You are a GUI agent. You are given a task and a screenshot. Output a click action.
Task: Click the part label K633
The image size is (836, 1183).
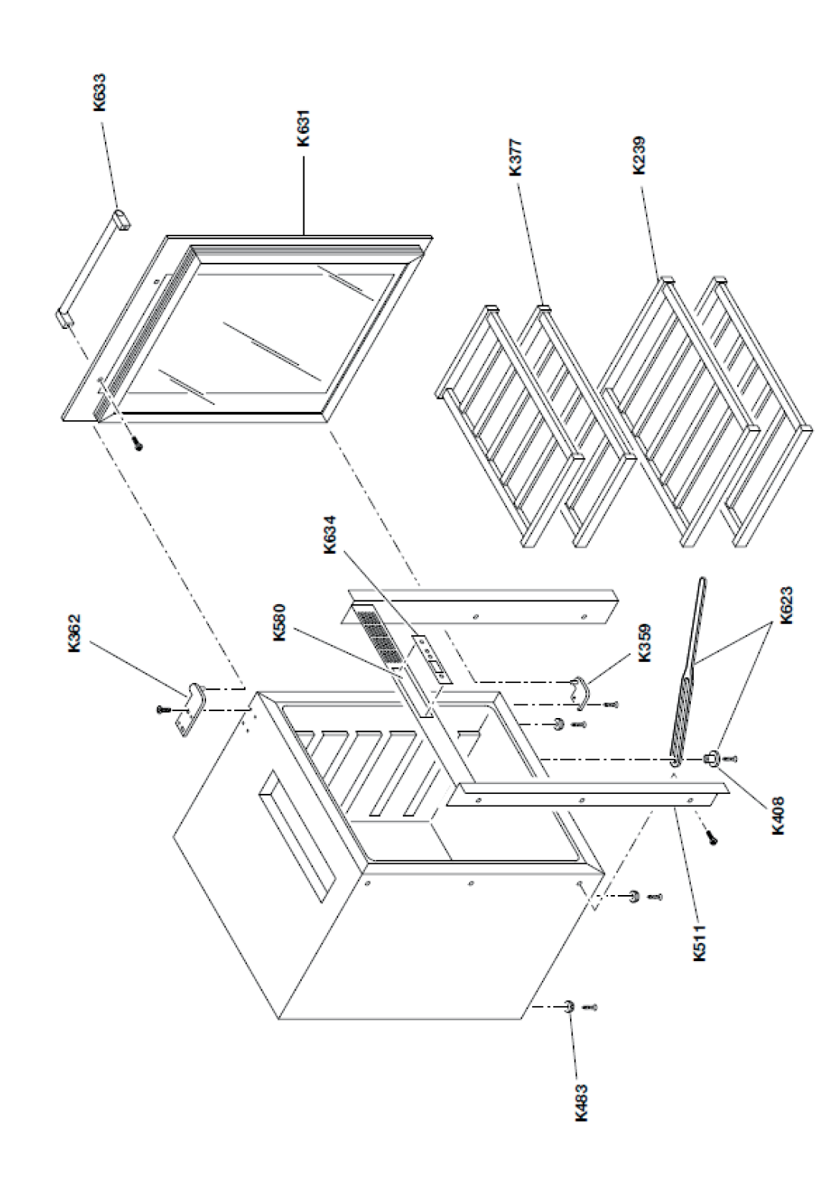[x=100, y=93]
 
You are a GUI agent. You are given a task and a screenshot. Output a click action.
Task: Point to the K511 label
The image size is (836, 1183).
[x=700, y=942]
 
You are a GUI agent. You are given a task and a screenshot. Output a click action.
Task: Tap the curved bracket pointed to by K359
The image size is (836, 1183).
[x=581, y=686]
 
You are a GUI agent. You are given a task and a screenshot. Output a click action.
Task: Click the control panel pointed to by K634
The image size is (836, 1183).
[x=429, y=659]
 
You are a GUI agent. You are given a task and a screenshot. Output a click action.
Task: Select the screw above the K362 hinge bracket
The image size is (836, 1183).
[x=162, y=710]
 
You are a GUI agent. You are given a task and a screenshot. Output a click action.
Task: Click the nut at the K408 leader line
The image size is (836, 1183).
[x=712, y=758]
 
